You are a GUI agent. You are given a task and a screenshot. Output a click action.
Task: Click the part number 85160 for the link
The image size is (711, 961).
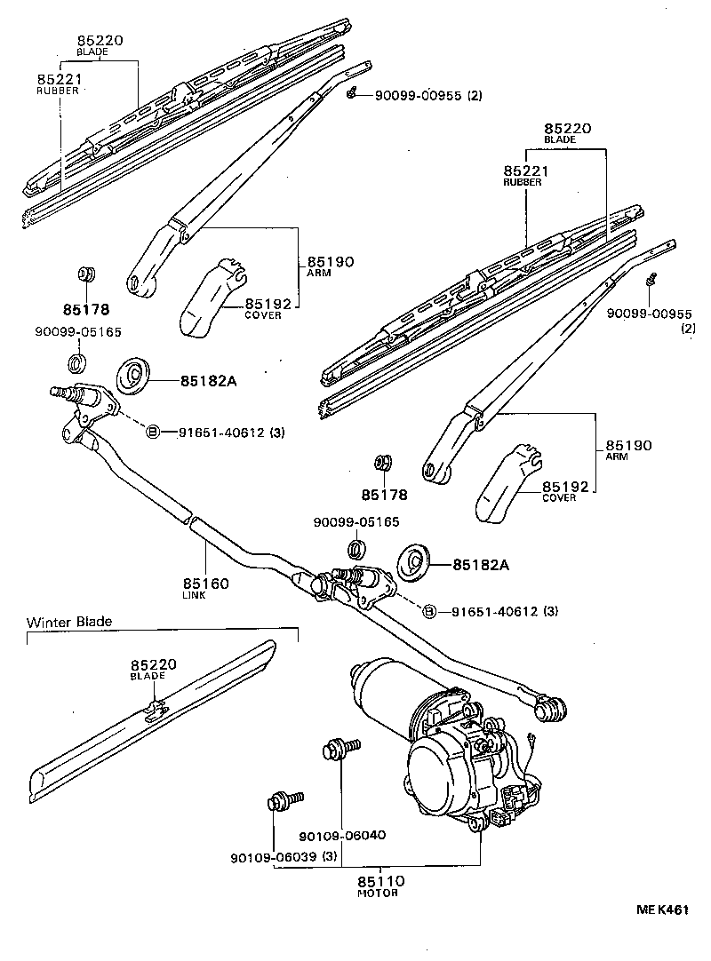click(206, 584)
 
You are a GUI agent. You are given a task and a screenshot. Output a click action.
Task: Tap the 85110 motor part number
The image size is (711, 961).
click(381, 881)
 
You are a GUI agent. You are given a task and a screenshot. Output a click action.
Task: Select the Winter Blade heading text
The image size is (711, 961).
click(69, 622)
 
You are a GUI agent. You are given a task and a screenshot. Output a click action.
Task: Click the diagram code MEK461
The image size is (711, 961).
click(661, 909)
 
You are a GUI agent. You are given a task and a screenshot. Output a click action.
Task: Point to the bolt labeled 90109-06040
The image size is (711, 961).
click(339, 749)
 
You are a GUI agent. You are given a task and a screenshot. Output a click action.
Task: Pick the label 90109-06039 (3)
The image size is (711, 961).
click(284, 857)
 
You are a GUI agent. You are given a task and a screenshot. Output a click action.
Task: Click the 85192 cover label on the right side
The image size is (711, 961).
click(566, 487)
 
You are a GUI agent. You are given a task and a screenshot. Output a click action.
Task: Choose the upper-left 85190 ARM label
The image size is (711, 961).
click(331, 262)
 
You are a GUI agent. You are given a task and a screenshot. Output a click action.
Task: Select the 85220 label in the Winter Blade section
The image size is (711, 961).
click(154, 664)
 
